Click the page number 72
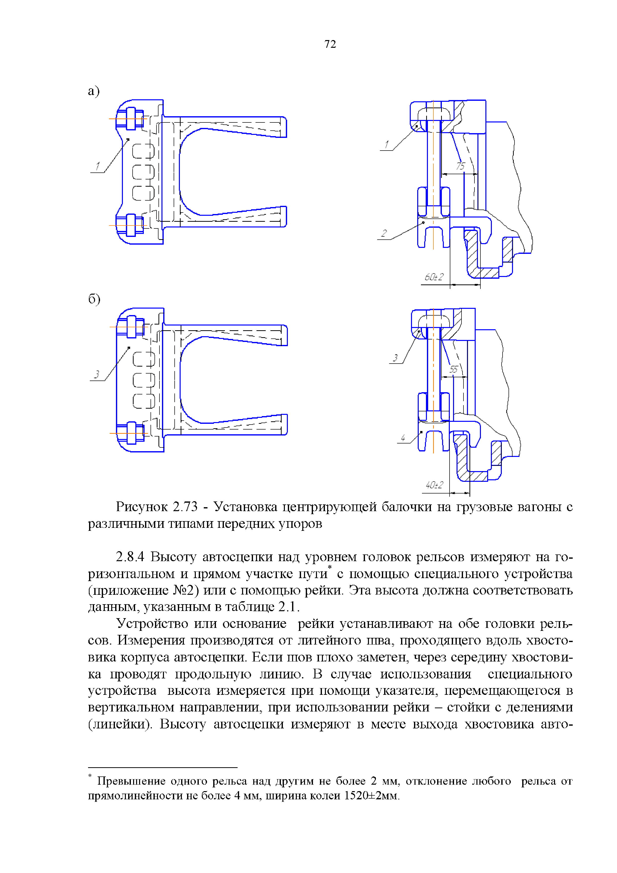330,45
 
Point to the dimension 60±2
433,277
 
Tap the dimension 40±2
434,485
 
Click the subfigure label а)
94,91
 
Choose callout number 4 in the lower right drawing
403,438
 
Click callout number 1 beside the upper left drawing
97,166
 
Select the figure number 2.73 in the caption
185,507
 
